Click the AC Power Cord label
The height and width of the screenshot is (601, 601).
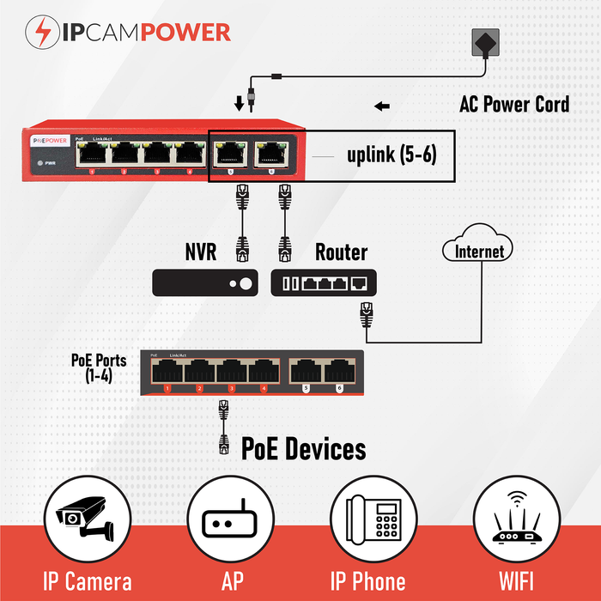tap(514, 105)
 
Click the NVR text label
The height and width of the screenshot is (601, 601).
tap(201, 252)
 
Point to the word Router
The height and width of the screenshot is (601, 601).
tap(341, 252)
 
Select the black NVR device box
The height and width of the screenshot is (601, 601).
tap(204, 282)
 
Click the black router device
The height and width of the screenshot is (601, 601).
tap(324, 282)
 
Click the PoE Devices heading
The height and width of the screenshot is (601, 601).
tap(303, 448)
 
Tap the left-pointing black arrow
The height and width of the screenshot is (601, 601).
tap(382, 106)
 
